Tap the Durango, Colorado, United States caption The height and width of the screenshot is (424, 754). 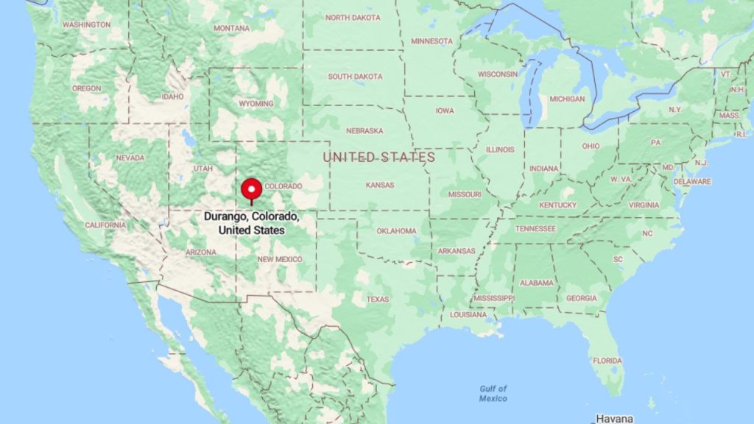(x=252, y=225)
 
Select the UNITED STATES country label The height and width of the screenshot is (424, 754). (x=378, y=157)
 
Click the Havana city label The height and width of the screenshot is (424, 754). (x=614, y=418)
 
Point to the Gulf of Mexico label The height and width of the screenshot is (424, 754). (x=493, y=393)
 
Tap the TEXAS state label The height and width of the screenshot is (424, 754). (x=378, y=299)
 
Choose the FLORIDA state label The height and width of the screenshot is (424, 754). (x=607, y=361)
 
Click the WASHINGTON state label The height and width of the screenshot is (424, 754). (x=87, y=24)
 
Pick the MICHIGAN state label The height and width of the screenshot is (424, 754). (x=567, y=99)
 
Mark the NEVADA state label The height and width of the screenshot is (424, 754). (x=130, y=158)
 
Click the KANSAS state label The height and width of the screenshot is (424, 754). (x=380, y=185)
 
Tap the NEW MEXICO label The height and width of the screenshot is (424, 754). (x=280, y=259)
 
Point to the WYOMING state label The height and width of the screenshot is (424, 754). (x=256, y=104)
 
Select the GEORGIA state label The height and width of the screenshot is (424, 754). (x=582, y=298)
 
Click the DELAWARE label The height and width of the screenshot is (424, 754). (x=693, y=181)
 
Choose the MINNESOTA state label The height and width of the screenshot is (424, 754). (x=432, y=41)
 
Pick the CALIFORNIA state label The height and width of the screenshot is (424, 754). (x=105, y=225)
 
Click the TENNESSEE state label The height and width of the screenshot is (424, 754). (x=535, y=228)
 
